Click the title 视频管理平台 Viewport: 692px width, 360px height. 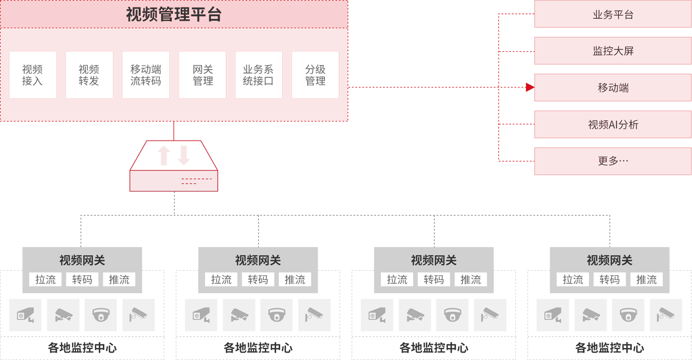173,14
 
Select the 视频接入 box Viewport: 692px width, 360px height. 33,75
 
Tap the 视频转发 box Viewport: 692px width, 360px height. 89,75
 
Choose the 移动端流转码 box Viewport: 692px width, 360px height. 145,75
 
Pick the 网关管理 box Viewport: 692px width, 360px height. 202,75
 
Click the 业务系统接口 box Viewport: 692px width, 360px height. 258,75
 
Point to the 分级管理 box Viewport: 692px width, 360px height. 315,75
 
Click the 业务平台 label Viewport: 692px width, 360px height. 613,15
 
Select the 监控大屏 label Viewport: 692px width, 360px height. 613,51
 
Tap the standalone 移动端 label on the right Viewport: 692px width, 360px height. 613,88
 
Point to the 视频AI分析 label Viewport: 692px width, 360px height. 613,124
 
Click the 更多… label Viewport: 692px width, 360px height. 613,161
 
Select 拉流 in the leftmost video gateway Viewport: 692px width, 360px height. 46,280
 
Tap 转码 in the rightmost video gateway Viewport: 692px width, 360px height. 610,280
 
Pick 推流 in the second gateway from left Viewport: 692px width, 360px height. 295,280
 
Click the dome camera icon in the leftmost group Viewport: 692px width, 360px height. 101,315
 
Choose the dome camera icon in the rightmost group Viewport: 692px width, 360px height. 628,315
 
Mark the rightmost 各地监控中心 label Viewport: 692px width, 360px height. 610,348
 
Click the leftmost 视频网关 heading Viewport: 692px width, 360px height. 82,260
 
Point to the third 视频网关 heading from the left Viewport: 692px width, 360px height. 433,260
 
